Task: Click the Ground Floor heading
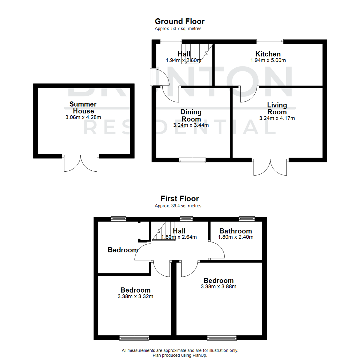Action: [180, 21]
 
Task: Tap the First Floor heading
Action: [180, 199]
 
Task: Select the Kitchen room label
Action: [268, 54]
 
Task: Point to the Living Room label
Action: [277, 108]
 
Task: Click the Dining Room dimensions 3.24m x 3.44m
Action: [191, 125]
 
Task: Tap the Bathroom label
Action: [236, 231]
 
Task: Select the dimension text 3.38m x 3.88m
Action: [218, 287]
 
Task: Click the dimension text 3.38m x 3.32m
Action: [135, 296]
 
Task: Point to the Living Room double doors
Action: [270, 167]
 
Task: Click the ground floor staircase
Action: [197, 53]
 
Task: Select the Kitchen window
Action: [270, 41]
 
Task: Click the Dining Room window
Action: [192, 161]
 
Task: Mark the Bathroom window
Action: [247, 219]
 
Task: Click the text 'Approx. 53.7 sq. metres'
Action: [178, 29]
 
